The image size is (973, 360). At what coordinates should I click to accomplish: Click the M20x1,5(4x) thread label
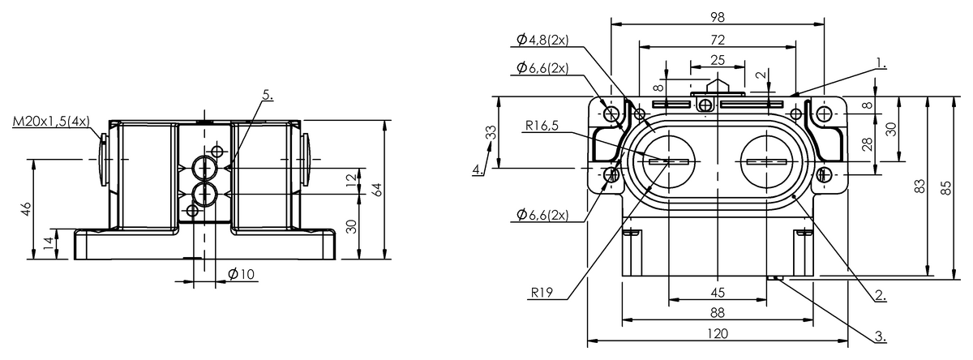[x=51, y=122]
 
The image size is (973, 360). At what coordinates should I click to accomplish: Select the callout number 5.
[x=268, y=95]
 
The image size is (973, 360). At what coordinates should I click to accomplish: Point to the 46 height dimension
[x=27, y=209]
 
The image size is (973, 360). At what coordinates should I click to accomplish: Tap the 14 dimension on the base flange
[x=50, y=242]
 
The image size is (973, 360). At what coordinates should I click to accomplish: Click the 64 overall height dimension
[x=378, y=190]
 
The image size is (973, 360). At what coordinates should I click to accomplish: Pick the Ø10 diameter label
[x=241, y=274]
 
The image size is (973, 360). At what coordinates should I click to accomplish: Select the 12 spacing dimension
[x=353, y=179]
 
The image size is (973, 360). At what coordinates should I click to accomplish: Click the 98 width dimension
[x=718, y=17]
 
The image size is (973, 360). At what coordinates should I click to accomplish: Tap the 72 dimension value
[x=718, y=40]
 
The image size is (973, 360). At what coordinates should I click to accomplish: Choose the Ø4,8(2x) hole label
[x=542, y=40]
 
